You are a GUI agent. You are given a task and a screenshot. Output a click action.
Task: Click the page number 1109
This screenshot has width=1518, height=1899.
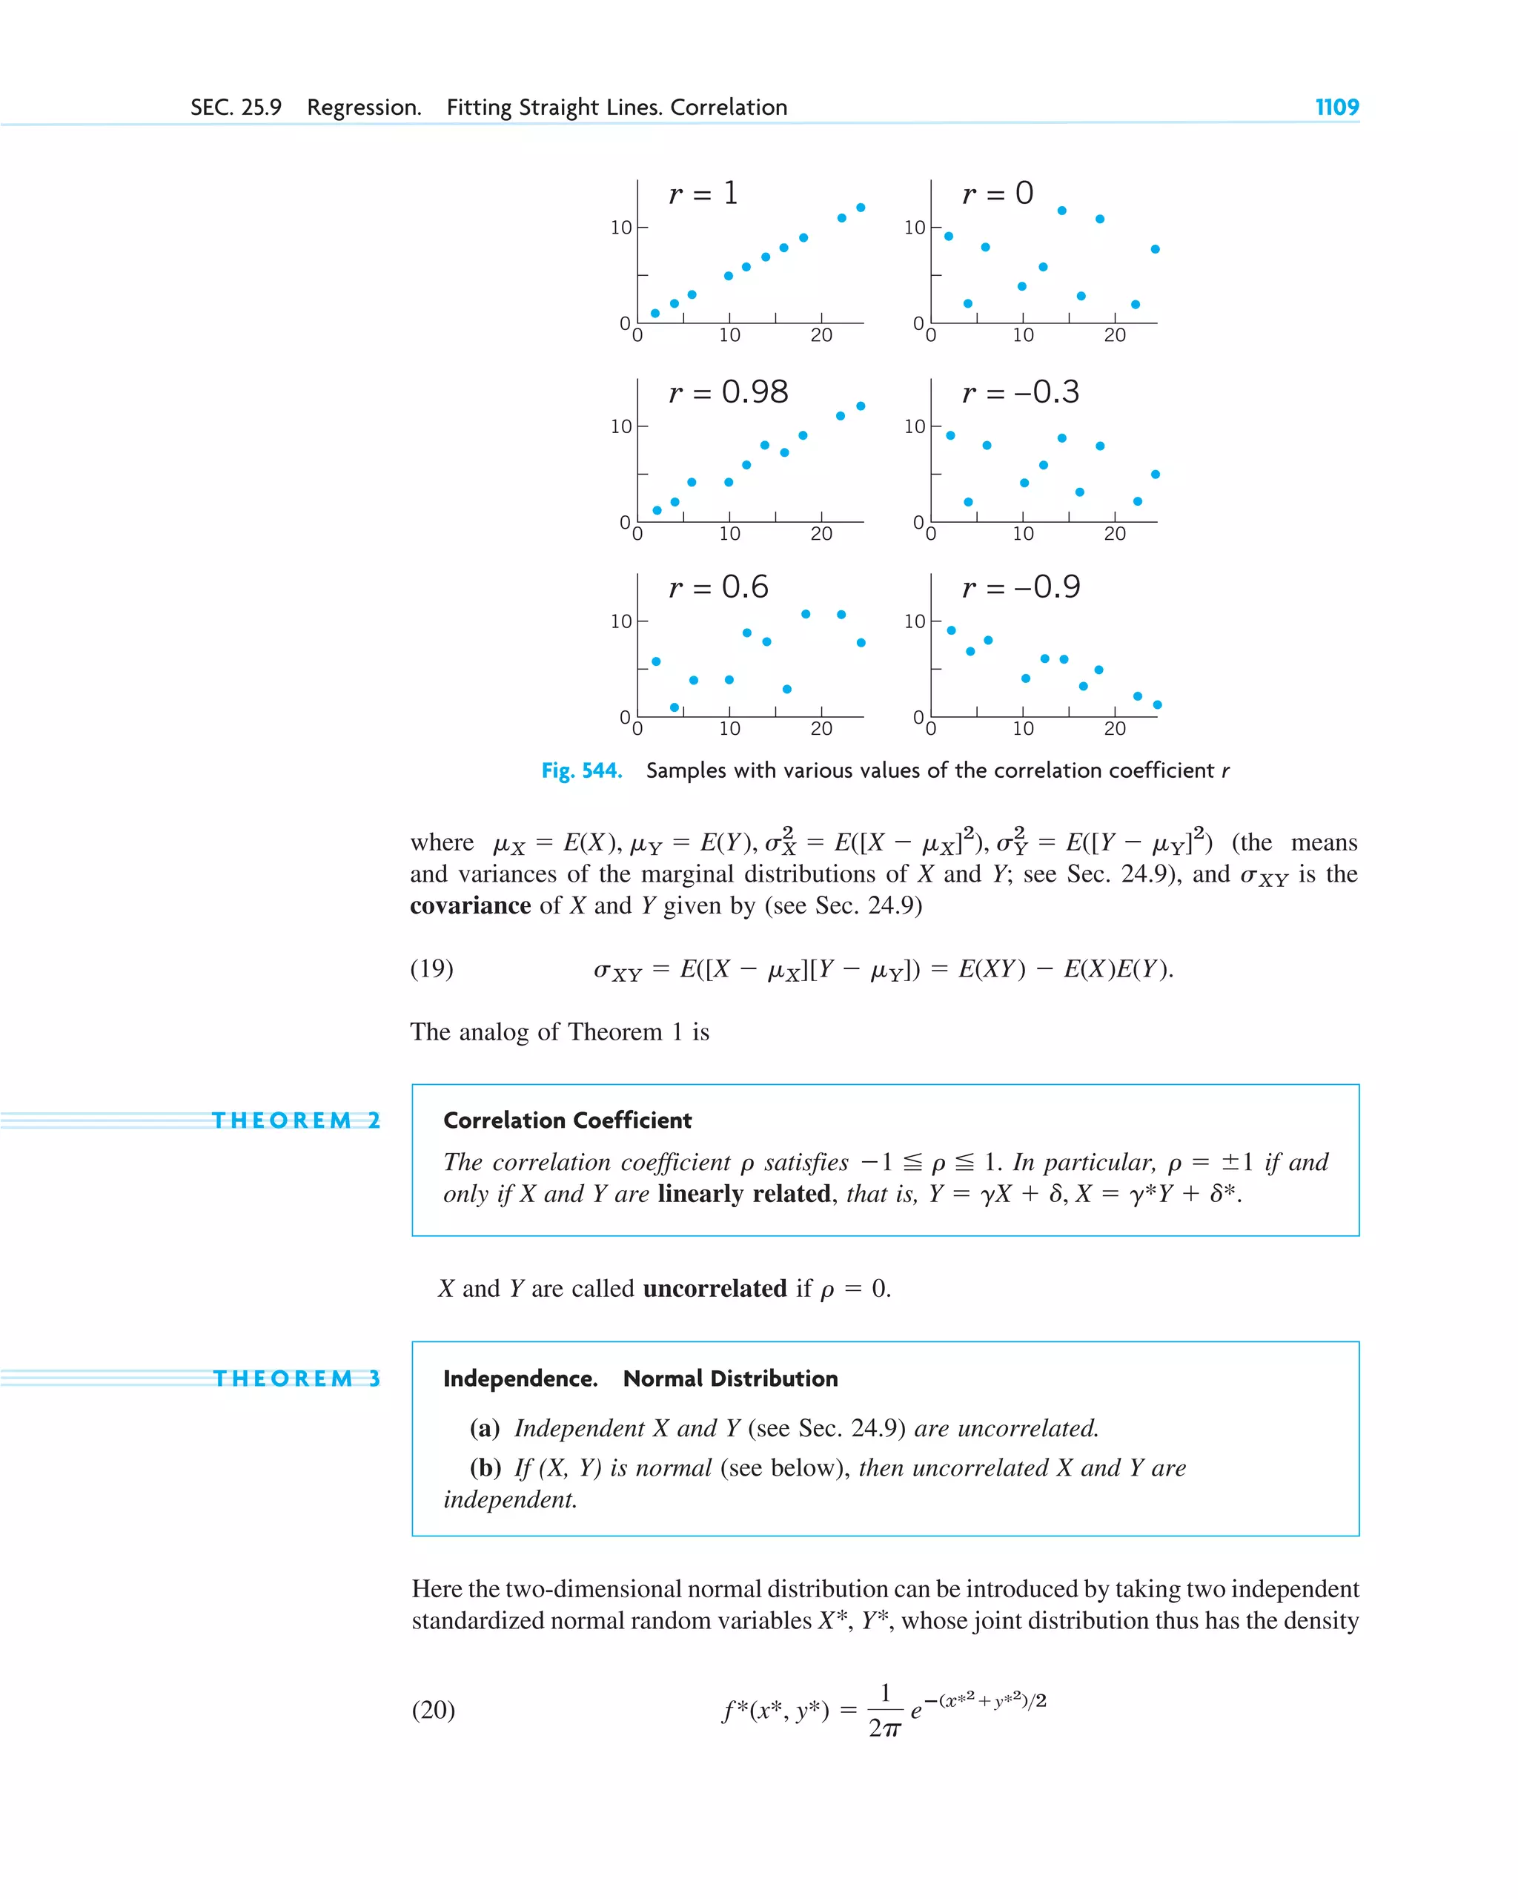coord(1336,108)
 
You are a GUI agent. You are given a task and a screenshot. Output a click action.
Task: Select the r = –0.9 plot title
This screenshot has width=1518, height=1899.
coord(1021,587)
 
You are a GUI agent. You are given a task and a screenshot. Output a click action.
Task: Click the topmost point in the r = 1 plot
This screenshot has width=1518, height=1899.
coord(861,208)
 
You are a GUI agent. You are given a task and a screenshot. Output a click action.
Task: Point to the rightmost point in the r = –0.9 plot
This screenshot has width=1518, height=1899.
coord(1157,704)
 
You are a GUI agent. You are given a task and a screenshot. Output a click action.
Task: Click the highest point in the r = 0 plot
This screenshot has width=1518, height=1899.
coord(1061,211)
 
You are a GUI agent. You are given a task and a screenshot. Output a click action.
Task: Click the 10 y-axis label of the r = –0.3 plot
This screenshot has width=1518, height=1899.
coord(914,426)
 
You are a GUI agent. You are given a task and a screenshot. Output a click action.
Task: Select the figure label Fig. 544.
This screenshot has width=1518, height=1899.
coord(581,770)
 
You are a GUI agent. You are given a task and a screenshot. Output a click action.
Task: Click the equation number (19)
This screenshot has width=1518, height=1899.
coord(431,969)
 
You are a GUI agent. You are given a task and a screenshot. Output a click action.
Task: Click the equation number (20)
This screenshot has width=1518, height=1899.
coord(433,1710)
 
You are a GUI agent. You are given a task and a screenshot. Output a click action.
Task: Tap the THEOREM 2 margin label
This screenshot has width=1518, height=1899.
coord(296,1120)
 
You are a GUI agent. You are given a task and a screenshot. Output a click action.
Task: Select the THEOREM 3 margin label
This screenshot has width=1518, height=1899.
coord(296,1378)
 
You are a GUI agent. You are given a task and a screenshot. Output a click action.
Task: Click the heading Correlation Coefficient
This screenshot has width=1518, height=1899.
coord(567,1120)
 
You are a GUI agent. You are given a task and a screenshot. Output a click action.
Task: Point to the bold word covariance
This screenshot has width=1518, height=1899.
coord(470,906)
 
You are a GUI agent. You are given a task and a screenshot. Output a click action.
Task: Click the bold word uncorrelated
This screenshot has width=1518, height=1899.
coord(714,1289)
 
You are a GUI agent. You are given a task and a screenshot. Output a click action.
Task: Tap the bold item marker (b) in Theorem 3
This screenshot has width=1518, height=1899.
coord(484,1467)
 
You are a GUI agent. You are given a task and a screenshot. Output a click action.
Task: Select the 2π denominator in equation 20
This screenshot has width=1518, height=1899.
coord(884,1728)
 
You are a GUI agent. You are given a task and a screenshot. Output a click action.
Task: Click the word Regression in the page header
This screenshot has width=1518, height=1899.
coord(364,108)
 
